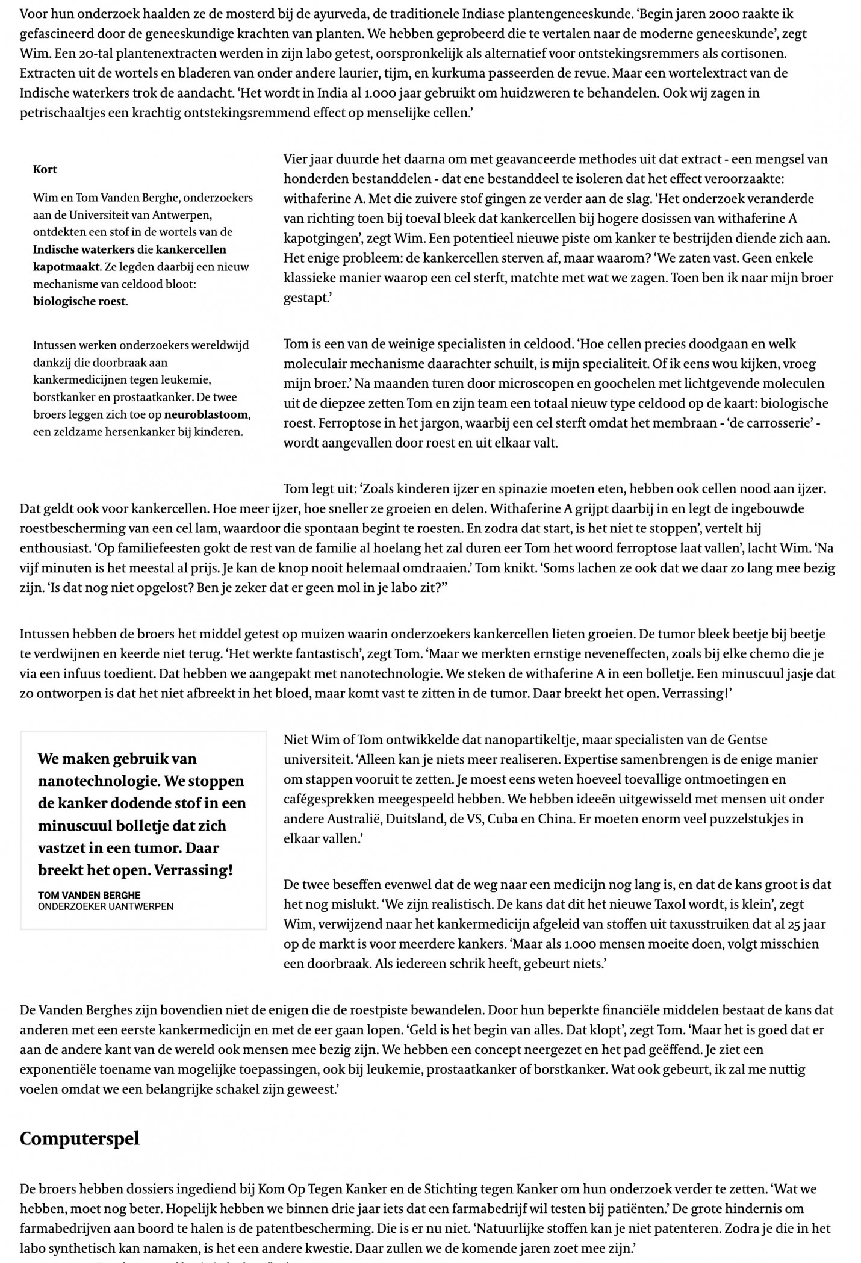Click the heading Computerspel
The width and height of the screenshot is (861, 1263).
pyautogui.click(x=79, y=1138)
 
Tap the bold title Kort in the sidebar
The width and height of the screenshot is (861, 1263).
pyautogui.click(x=45, y=169)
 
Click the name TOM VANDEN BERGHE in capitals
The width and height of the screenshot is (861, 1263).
pyautogui.click(x=89, y=895)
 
